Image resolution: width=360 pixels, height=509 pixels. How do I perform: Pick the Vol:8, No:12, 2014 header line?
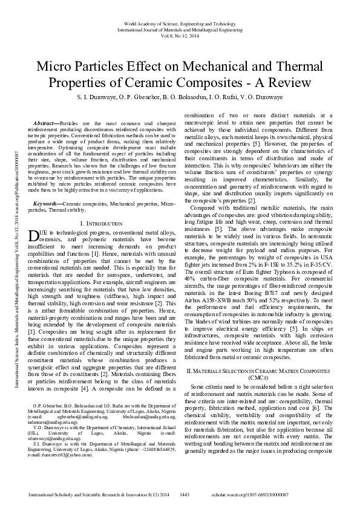point(180,36)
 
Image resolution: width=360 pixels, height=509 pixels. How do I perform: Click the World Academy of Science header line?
point(180,22)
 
